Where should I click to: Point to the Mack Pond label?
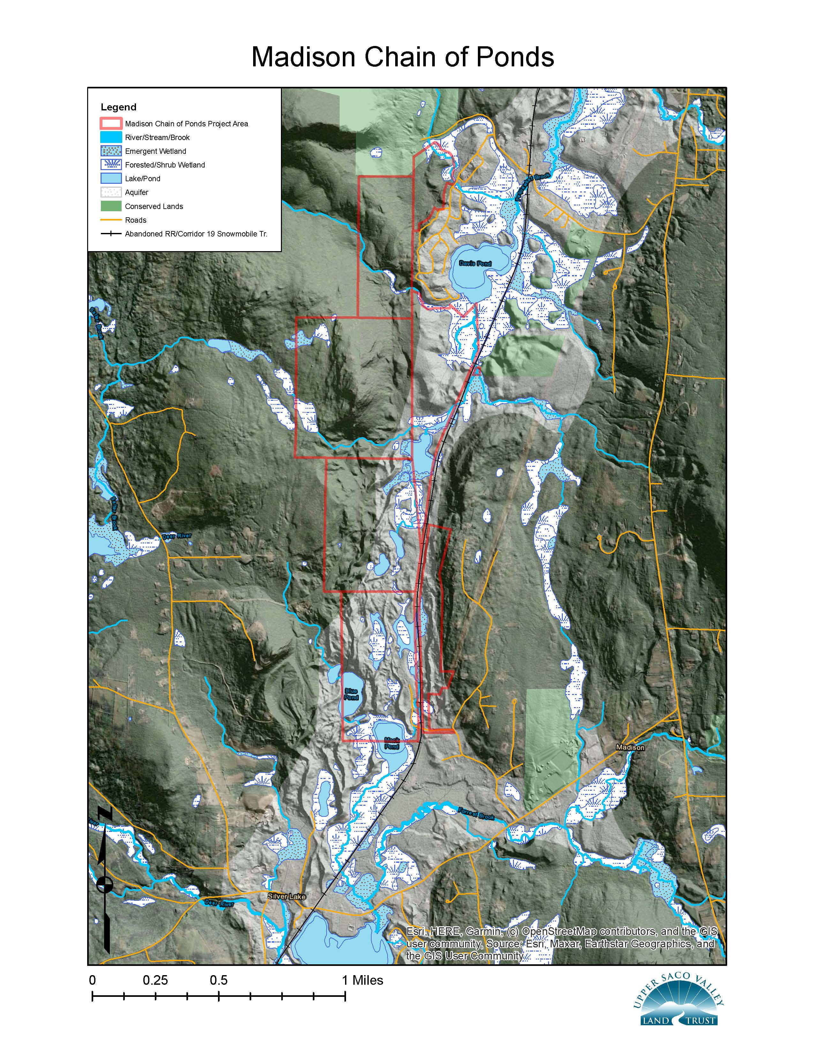pos(392,743)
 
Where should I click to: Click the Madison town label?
pos(630,747)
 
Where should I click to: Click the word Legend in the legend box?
pos(119,107)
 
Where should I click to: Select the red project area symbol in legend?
pos(111,123)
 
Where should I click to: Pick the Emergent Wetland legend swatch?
pos(111,151)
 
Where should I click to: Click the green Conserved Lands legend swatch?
pos(111,206)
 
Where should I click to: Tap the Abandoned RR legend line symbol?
pos(111,234)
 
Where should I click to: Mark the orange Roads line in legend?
pos(111,220)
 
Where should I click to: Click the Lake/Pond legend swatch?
pos(111,178)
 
